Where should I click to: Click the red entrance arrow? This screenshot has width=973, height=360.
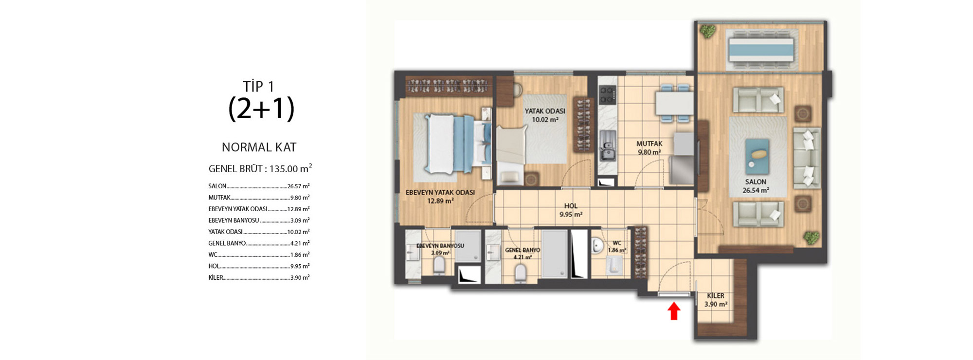(674, 311)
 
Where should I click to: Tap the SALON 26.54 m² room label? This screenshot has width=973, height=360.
(756, 186)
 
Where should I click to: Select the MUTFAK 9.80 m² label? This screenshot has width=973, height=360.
(649, 148)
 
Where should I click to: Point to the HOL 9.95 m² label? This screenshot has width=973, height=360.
(571, 210)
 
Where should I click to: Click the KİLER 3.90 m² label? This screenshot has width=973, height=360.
(716, 300)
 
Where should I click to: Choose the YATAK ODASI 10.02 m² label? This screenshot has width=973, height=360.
(545, 115)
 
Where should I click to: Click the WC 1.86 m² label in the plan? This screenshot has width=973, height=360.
(617, 247)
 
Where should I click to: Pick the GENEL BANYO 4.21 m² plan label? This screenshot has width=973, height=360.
(523, 253)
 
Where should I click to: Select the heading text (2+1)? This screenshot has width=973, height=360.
(261, 108)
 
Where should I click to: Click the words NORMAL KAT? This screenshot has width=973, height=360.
(259, 147)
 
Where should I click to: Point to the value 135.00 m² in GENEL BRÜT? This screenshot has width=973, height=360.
(290, 168)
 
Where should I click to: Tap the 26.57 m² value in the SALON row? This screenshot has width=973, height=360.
(298, 186)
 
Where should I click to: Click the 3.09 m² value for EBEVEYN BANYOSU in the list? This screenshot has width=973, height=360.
(300, 220)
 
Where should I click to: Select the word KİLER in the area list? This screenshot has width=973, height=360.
(216, 277)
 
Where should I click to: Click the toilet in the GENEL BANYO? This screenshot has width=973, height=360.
(520, 273)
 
